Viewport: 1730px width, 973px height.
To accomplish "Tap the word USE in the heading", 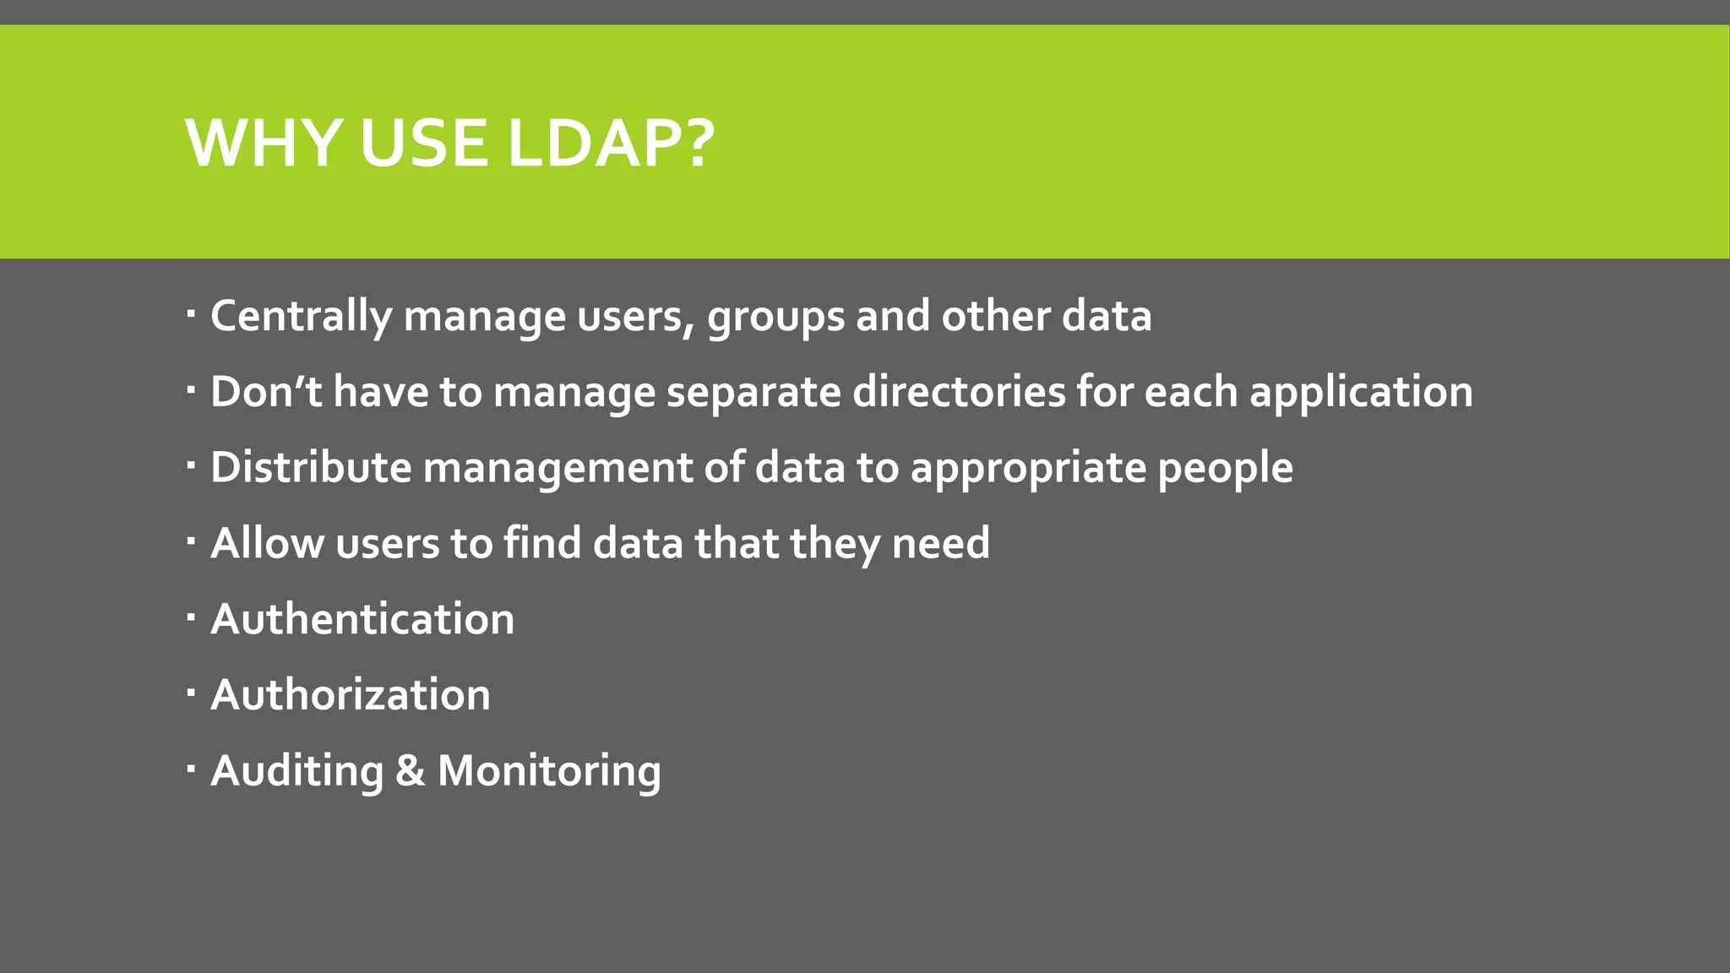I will (423, 143).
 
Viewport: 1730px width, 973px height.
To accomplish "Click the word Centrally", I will (301, 317).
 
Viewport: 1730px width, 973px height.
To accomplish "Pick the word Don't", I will (266, 392).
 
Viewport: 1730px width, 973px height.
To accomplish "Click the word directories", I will (958, 392).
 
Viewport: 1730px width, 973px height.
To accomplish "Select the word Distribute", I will (310, 468).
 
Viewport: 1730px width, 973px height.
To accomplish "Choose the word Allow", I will (267, 543).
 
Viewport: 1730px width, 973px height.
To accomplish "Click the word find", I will (542, 543).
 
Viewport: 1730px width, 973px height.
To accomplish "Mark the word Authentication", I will (362, 619).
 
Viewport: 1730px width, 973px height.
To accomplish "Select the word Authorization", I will (351, 695).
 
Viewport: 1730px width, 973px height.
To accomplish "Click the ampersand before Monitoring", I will (410, 771).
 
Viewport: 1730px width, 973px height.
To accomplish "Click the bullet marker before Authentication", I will (191, 618).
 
